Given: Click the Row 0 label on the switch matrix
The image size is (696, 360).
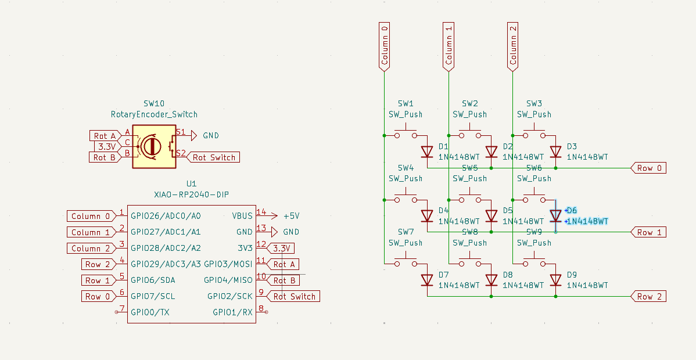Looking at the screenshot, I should (x=648, y=168).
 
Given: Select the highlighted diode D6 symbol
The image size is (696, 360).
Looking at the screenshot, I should (x=555, y=216).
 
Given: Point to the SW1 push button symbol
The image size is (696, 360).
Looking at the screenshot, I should (x=406, y=134).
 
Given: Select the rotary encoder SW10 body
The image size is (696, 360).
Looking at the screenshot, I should (x=153, y=146).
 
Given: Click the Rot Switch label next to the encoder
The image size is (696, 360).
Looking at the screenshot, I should (x=214, y=157).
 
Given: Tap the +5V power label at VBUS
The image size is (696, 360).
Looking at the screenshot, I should (x=291, y=216).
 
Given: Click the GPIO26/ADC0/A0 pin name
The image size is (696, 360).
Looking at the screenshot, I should (x=166, y=216).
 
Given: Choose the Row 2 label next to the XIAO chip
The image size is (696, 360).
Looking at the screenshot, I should (x=97, y=264).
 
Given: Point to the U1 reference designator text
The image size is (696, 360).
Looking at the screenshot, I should (x=192, y=183).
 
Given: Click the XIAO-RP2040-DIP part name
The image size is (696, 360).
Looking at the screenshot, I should (x=192, y=194).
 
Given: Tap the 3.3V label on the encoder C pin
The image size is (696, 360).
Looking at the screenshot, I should (x=106, y=146).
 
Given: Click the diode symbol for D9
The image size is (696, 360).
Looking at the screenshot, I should (x=555, y=280).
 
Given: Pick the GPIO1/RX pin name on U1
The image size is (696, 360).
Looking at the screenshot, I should (x=232, y=312).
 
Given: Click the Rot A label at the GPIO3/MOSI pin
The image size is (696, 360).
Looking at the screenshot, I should (x=284, y=264).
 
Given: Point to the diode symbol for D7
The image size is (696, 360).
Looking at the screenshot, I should (x=427, y=280).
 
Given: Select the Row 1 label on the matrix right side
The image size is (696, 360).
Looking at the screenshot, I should (x=648, y=232).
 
